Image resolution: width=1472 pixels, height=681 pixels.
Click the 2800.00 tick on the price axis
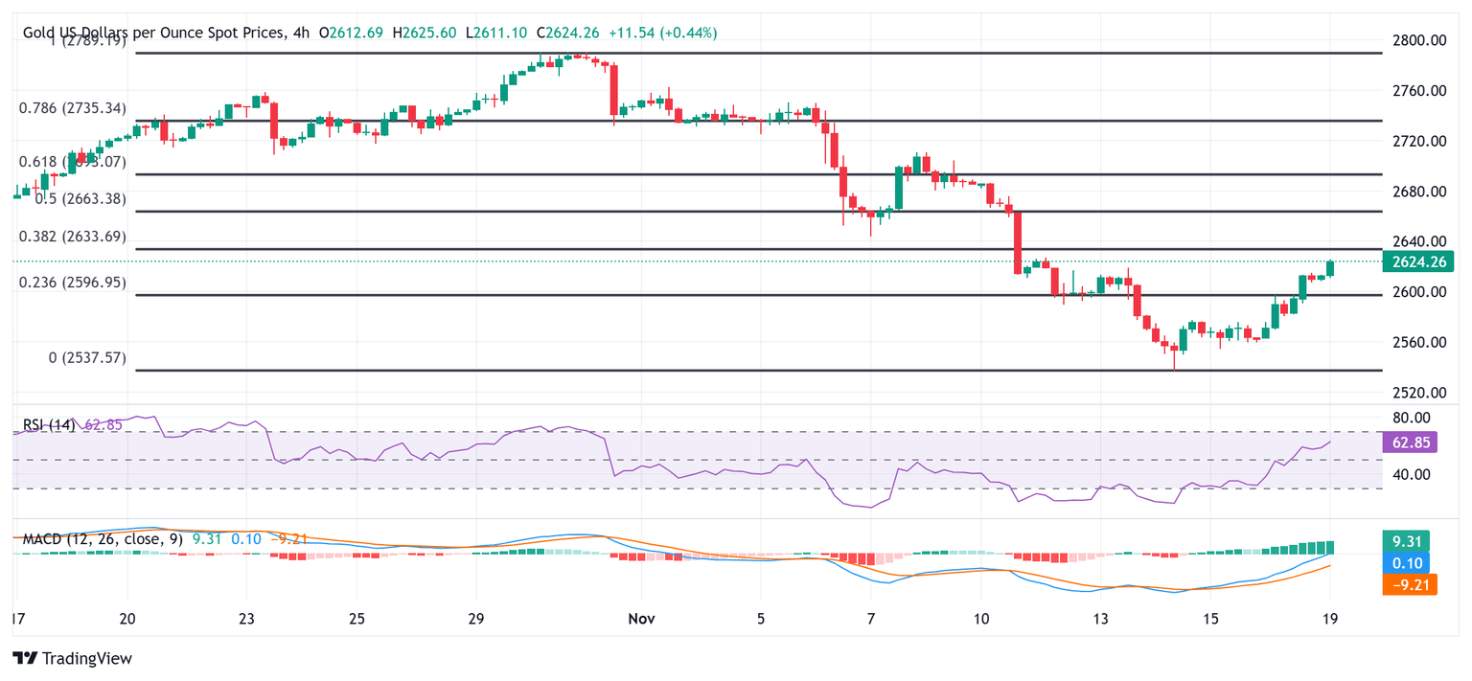click(1417, 40)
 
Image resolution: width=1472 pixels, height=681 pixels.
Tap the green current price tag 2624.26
click(1417, 261)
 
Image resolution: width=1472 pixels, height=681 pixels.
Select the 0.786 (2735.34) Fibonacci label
click(72, 108)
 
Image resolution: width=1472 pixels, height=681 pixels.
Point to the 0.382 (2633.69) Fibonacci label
click(72, 237)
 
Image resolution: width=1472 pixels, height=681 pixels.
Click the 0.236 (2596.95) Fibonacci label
click(72, 283)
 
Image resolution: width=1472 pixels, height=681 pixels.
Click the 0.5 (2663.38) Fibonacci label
click(80, 199)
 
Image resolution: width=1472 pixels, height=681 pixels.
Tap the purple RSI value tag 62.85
click(1410, 442)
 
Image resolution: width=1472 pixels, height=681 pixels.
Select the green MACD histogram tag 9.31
click(1410, 540)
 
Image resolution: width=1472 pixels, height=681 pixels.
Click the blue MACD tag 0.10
click(1410, 562)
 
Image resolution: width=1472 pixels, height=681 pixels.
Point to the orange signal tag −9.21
click(1410, 583)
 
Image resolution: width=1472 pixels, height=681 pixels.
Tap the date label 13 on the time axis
click(1101, 619)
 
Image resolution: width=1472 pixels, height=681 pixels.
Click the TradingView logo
click(72, 659)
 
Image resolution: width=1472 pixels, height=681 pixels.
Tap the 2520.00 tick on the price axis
click(1417, 393)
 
